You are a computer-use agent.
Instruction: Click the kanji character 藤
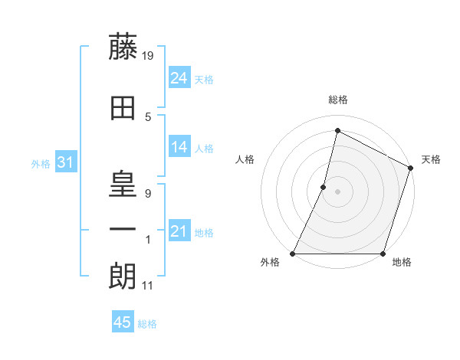pos(123,47)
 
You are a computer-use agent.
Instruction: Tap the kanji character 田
pos(123,109)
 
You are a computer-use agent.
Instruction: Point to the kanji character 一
pos(123,229)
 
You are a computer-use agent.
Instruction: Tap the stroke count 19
pos(149,55)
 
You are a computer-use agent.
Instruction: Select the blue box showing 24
pos(179,78)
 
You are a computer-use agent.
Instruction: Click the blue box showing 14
pos(179,147)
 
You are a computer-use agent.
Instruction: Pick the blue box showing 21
pos(179,231)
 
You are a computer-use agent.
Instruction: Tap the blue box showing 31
pos(65,162)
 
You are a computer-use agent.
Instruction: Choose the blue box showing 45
pos(123,322)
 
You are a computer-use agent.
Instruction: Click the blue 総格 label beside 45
pos(147,324)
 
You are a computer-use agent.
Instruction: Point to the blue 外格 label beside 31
pos(41,163)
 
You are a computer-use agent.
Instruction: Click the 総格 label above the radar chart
pos(338,100)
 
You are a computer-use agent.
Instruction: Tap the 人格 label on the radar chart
pos(245,159)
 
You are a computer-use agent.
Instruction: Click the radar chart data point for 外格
pos(293,254)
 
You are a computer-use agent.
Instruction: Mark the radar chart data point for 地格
pos(383,254)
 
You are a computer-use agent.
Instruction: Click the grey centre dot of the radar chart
pos(337,191)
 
